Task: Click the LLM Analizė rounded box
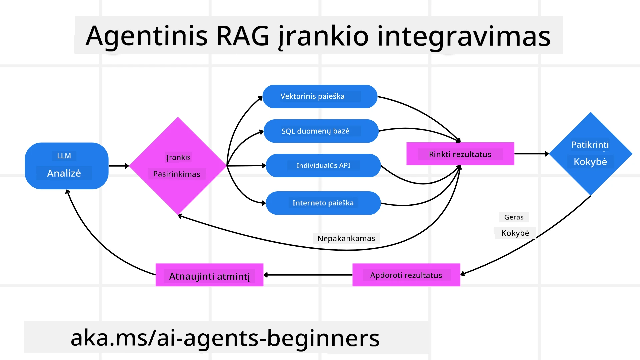(x=66, y=166)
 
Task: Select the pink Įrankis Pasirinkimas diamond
(x=178, y=166)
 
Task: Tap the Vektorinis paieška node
(x=320, y=96)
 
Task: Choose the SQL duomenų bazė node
(x=321, y=131)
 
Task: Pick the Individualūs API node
(x=323, y=165)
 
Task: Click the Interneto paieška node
(x=323, y=203)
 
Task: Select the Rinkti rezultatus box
(x=460, y=154)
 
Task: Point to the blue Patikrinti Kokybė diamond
(x=590, y=154)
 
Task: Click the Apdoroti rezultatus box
(x=406, y=275)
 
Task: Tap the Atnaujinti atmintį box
(x=209, y=275)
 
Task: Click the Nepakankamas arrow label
(x=346, y=238)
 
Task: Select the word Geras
(x=514, y=217)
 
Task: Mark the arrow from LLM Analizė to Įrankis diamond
(x=118, y=166)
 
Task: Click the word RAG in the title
(x=243, y=36)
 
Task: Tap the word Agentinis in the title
(x=147, y=36)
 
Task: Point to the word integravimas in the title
(x=463, y=36)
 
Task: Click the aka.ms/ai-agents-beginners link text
(x=225, y=338)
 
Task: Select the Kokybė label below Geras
(x=515, y=233)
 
